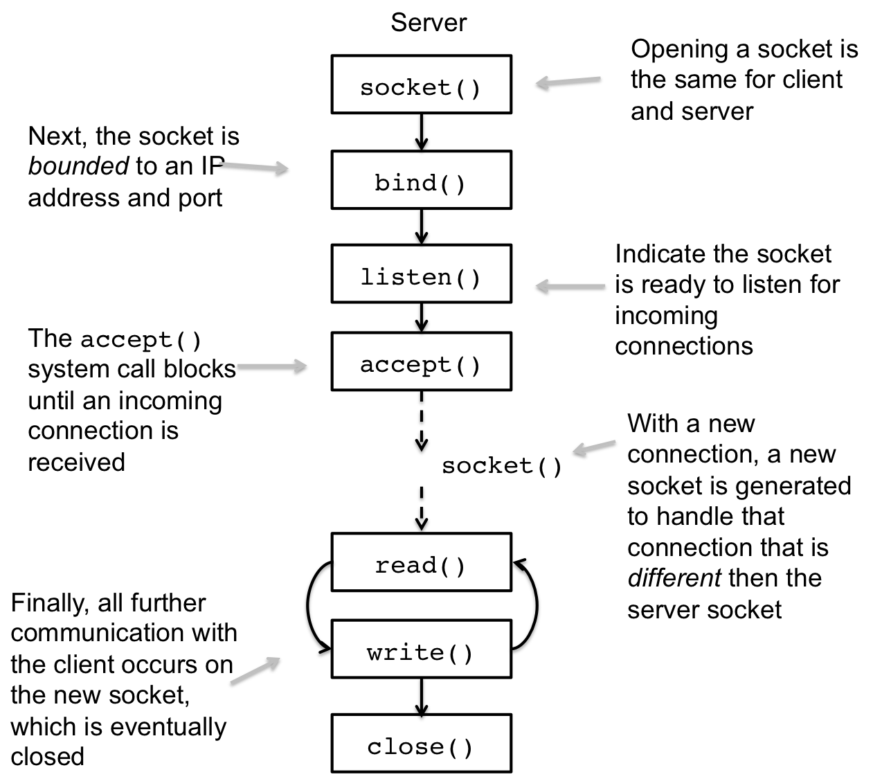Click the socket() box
[421, 84]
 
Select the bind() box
[421, 180]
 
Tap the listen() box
[421, 274]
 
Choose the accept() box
[421, 361]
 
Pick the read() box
[421, 562]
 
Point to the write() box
[421, 649]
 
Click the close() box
[421, 743]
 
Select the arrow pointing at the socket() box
[568, 81]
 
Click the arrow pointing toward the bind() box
[253, 165]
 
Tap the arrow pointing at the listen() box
[570, 285]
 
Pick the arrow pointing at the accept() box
[271, 365]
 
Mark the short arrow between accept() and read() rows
[594, 446]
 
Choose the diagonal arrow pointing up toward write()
[255, 670]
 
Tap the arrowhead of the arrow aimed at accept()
[303, 365]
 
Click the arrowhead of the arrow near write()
[276, 660]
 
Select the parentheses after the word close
[460, 747]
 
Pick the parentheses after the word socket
[468, 88]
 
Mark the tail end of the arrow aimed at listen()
[604, 285]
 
